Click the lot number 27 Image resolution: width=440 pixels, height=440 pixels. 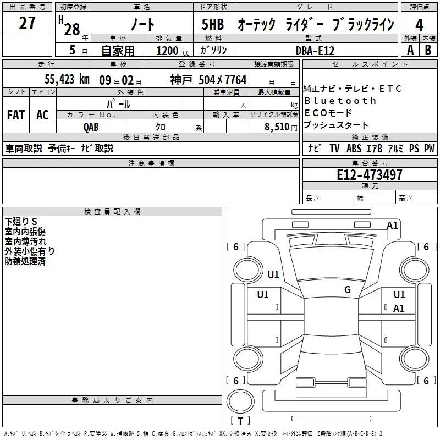[27, 23]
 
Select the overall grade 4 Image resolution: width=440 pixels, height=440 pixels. [419, 25]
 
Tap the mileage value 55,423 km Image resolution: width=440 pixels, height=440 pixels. [67, 79]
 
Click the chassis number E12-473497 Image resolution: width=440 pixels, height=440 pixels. [370, 174]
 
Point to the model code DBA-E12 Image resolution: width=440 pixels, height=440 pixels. [315, 51]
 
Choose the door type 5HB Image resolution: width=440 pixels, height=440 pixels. [213, 24]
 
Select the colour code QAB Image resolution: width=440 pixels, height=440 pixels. [91, 127]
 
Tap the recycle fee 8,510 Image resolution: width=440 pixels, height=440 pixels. [277, 127]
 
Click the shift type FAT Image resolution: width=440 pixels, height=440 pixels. [16, 115]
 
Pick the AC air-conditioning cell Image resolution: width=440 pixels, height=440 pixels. [43, 115]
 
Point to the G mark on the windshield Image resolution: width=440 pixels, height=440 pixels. [348, 289]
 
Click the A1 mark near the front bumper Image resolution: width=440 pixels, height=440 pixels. [392, 226]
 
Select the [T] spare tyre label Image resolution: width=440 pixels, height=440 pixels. [240, 421]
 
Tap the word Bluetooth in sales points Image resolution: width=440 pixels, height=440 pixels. [340, 101]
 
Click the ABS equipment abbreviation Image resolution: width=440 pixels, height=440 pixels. [354, 148]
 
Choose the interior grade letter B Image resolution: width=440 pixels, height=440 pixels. [428, 50]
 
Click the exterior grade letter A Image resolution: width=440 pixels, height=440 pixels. [410, 50]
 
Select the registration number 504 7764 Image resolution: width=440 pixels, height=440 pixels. [223, 80]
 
